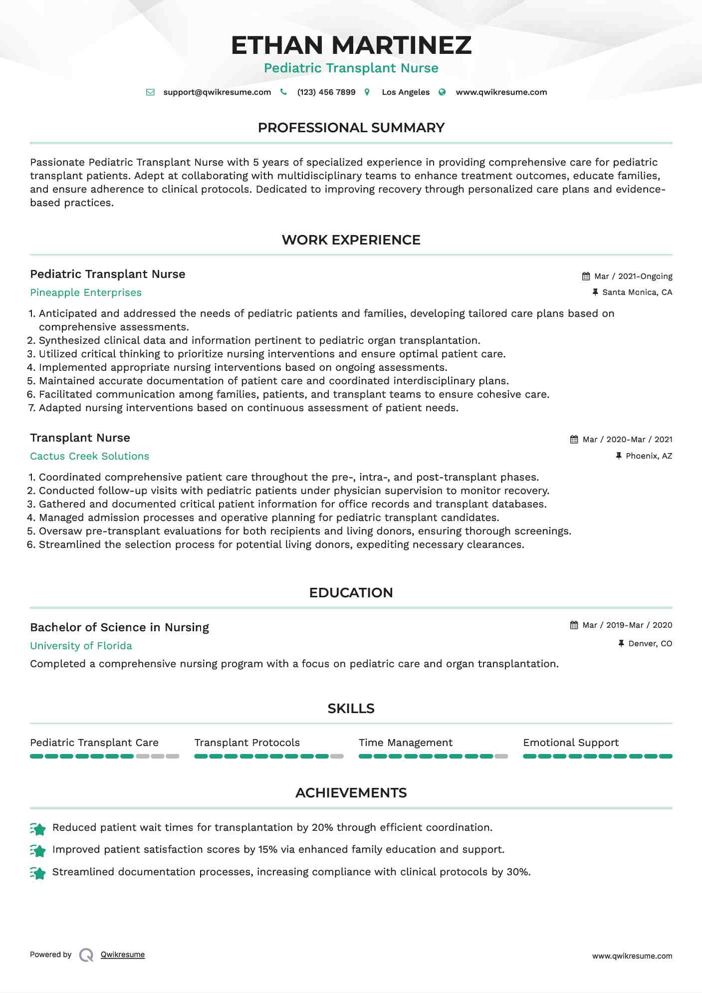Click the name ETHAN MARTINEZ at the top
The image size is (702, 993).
351,45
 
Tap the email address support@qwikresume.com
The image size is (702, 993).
217,92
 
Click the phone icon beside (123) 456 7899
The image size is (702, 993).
283,92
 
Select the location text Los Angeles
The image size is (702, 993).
406,92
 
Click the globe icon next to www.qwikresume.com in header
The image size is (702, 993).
442,92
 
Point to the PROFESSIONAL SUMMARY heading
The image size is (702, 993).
351,128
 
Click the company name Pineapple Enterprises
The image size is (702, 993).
86,293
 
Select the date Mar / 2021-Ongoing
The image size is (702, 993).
633,276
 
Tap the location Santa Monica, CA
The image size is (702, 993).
637,292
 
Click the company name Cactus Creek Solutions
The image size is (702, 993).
89,457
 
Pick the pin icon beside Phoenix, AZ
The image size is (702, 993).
619,456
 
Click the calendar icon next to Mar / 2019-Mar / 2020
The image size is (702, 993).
574,625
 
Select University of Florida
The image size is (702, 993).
81,646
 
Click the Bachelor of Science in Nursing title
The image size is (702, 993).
119,628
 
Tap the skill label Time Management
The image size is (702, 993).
405,743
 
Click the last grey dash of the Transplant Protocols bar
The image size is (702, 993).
337,756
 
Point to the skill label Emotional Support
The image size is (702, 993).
571,743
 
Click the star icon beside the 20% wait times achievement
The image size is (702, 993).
38,829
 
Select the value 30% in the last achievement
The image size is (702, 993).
517,872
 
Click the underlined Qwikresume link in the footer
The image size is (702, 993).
123,955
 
